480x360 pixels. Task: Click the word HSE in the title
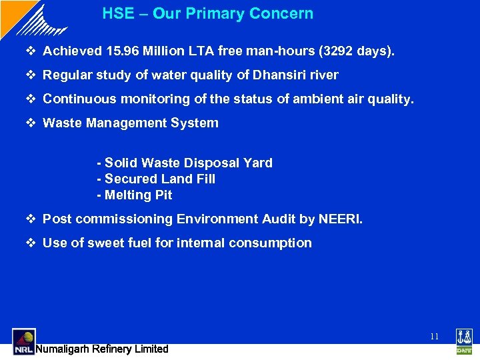point(117,13)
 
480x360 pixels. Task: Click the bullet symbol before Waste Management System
point(33,123)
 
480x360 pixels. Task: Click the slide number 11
point(434,337)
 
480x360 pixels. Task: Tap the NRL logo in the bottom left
point(23,341)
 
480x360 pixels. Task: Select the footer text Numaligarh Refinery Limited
point(102,349)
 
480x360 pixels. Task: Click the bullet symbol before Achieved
point(33,51)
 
